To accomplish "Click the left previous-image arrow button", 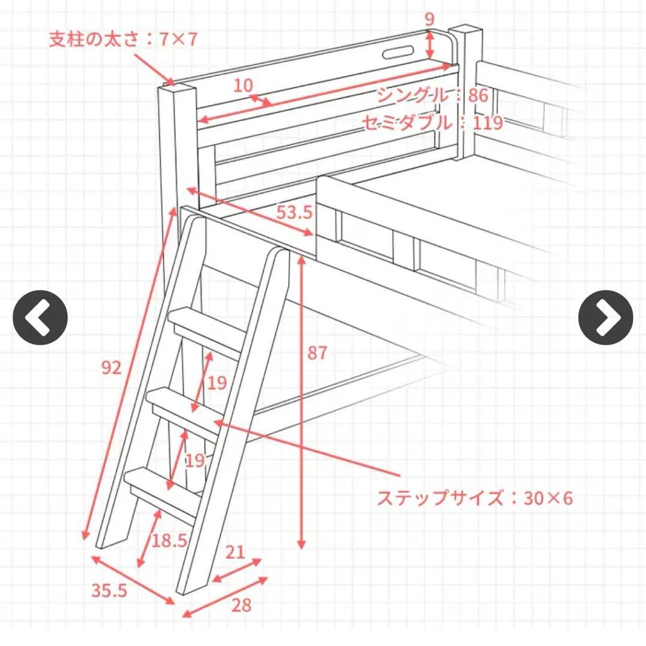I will click(40, 318).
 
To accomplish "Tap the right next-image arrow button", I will click(605, 318).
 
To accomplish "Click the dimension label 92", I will click(111, 368).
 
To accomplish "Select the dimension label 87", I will click(318, 354).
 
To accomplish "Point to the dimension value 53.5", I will click(294, 212).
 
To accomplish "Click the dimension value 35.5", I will click(109, 591).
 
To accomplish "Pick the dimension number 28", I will click(241, 605).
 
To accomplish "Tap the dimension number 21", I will click(235, 551).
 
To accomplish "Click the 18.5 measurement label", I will click(169, 541).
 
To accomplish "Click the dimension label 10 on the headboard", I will click(243, 86).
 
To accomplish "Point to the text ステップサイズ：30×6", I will click(474, 498).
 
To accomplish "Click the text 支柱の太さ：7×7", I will click(123, 39).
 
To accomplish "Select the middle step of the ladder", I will click(185, 407).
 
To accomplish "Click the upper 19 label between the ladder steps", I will click(217, 383).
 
